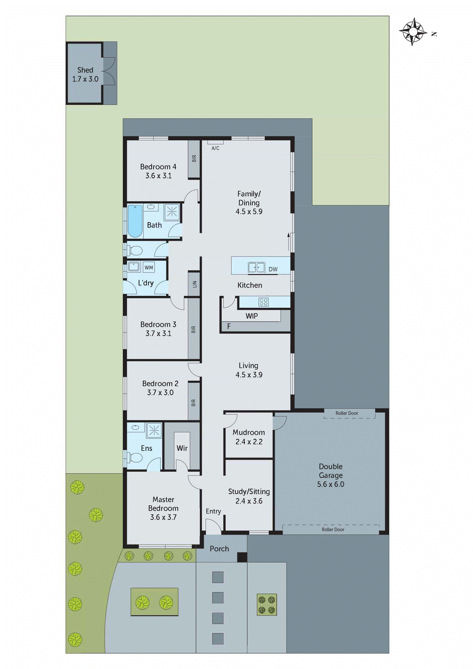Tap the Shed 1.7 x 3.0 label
coord(85,74)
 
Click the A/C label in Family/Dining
coord(215,148)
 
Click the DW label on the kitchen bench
coord(273,269)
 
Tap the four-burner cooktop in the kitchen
coord(263,302)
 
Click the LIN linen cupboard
coord(194,284)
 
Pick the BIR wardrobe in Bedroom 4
coord(194,159)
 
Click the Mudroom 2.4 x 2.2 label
coord(249,437)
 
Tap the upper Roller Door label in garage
coord(347,413)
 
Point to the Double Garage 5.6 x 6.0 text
coord(331,475)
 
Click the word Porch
coord(219,549)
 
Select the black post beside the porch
coord(242,557)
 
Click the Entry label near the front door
coord(213,511)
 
